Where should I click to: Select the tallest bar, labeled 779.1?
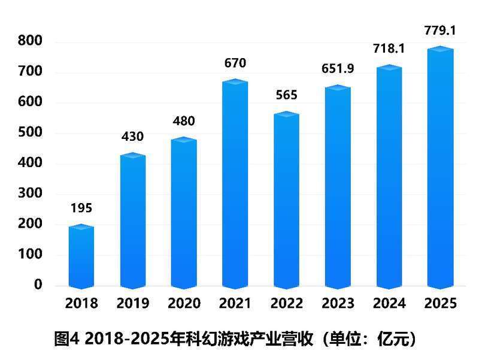point(440,168)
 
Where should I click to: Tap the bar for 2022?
point(286,201)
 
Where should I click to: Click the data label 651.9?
point(338,69)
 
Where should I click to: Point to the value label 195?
point(81,208)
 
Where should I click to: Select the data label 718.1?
point(389,49)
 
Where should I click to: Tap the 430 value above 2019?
point(132,137)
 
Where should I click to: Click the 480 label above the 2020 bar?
point(184,121)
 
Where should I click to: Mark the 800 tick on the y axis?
point(30,41)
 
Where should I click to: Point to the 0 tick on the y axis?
point(38,285)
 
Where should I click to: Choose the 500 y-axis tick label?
point(30,132)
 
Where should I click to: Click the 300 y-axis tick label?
point(30,193)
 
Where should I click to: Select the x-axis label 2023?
point(338,304)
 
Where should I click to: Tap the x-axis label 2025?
point(440,304)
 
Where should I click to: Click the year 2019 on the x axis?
point(132,304)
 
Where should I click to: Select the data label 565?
point(286,95)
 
